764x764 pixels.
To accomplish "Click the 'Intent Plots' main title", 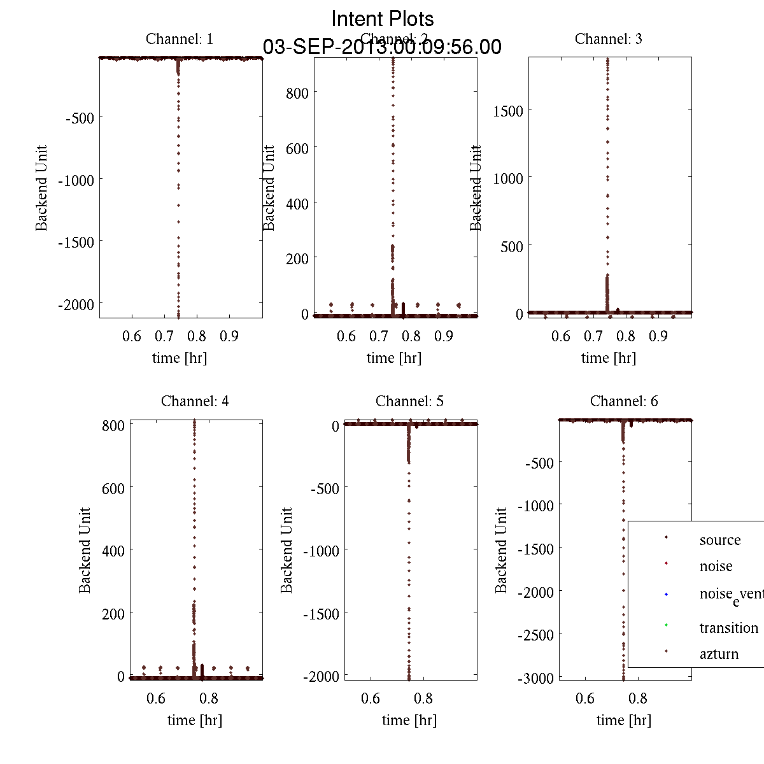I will (383, 18).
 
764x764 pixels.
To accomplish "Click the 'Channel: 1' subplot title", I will (180, 39).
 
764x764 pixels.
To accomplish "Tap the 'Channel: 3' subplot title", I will (608, 39).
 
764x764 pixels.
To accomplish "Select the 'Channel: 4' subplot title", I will (195, 401).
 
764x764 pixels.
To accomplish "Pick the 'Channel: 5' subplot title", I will (409, 401).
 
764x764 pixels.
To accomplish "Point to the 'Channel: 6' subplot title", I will (624, 401).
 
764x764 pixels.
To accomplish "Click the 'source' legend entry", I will (719, 540).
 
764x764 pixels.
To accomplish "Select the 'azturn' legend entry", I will (719, 654).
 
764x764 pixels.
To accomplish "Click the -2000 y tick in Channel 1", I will (76, 304).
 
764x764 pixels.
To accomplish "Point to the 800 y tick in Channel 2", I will (297, 93).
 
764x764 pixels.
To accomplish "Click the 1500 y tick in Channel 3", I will (508, 111).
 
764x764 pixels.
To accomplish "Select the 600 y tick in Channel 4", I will (113, 488).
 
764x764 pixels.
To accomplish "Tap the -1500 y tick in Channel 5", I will (321, 613).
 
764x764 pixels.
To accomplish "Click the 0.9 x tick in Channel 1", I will (229, 336).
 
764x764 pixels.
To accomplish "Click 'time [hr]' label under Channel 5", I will (409, 720).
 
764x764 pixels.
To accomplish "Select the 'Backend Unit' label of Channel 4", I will (85, 550).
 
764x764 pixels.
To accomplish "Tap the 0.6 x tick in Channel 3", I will (561, 336).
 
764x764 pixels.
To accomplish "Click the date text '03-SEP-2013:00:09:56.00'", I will (382, 47).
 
